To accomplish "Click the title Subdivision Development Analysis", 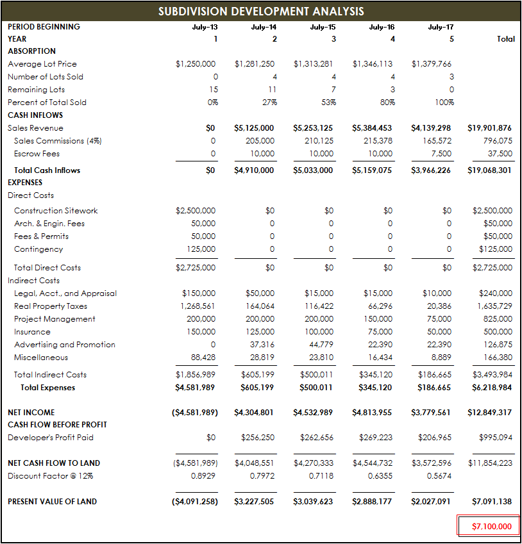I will coord(261,12).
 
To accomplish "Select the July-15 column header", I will coord(323,27).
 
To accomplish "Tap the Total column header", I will coord(505,39).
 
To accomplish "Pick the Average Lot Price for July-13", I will coord(196,64).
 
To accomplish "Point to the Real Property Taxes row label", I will coord(50,306).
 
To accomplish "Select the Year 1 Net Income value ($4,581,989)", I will coord(195,413).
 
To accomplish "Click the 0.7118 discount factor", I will coord(321,476).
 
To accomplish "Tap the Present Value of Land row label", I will coord(52,502).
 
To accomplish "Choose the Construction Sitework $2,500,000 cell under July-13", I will coord(196,211).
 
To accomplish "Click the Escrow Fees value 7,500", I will coord(441,154).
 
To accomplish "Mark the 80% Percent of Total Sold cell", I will coord(387,103).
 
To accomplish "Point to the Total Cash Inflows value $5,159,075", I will coord(372,170).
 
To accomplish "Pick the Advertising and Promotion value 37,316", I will coord(261,345).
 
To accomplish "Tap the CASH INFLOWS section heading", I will coord(35,115).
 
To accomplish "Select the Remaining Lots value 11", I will coord(272,90).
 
